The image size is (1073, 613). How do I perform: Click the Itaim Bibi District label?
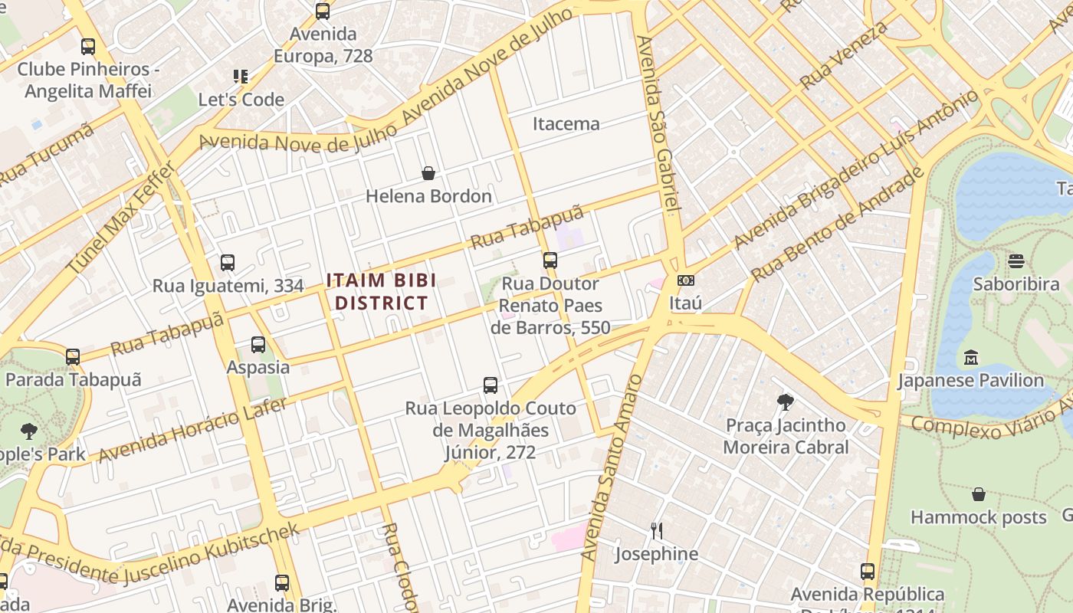click(x=381, y=291)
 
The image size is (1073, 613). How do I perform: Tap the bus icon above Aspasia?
click(x=258, y=345)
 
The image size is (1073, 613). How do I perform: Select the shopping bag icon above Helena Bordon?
click(x=428, y=173)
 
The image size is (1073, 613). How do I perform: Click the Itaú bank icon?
click(x=686, y=280)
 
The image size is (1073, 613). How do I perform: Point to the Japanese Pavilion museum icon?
click(x=971, y=358)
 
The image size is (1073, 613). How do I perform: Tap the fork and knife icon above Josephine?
click(x=657, y=531)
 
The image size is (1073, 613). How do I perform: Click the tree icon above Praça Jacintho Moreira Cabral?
click(x=786, y=402)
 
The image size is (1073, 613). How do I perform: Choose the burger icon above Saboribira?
click(x=1016, y=261)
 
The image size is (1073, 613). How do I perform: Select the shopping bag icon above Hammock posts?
click(x=978, y=495)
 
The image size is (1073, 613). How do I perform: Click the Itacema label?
click(x=566, y=123)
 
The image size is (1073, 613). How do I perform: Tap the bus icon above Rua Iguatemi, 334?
click(x=228, y=263)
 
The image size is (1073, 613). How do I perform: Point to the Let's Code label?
click(x=241, y=100)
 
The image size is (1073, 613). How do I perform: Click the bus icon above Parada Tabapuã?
click(x=73, y=356)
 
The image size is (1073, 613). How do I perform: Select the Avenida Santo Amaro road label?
click(x=611, y=467)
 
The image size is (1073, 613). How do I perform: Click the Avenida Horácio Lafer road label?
click(x=192, y=430)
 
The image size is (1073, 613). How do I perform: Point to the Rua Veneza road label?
click(x=844, y=54)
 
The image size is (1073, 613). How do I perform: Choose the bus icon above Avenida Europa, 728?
click(x=323, y=11)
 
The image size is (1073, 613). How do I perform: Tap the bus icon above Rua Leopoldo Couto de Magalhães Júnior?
click(x=491, y=385)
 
